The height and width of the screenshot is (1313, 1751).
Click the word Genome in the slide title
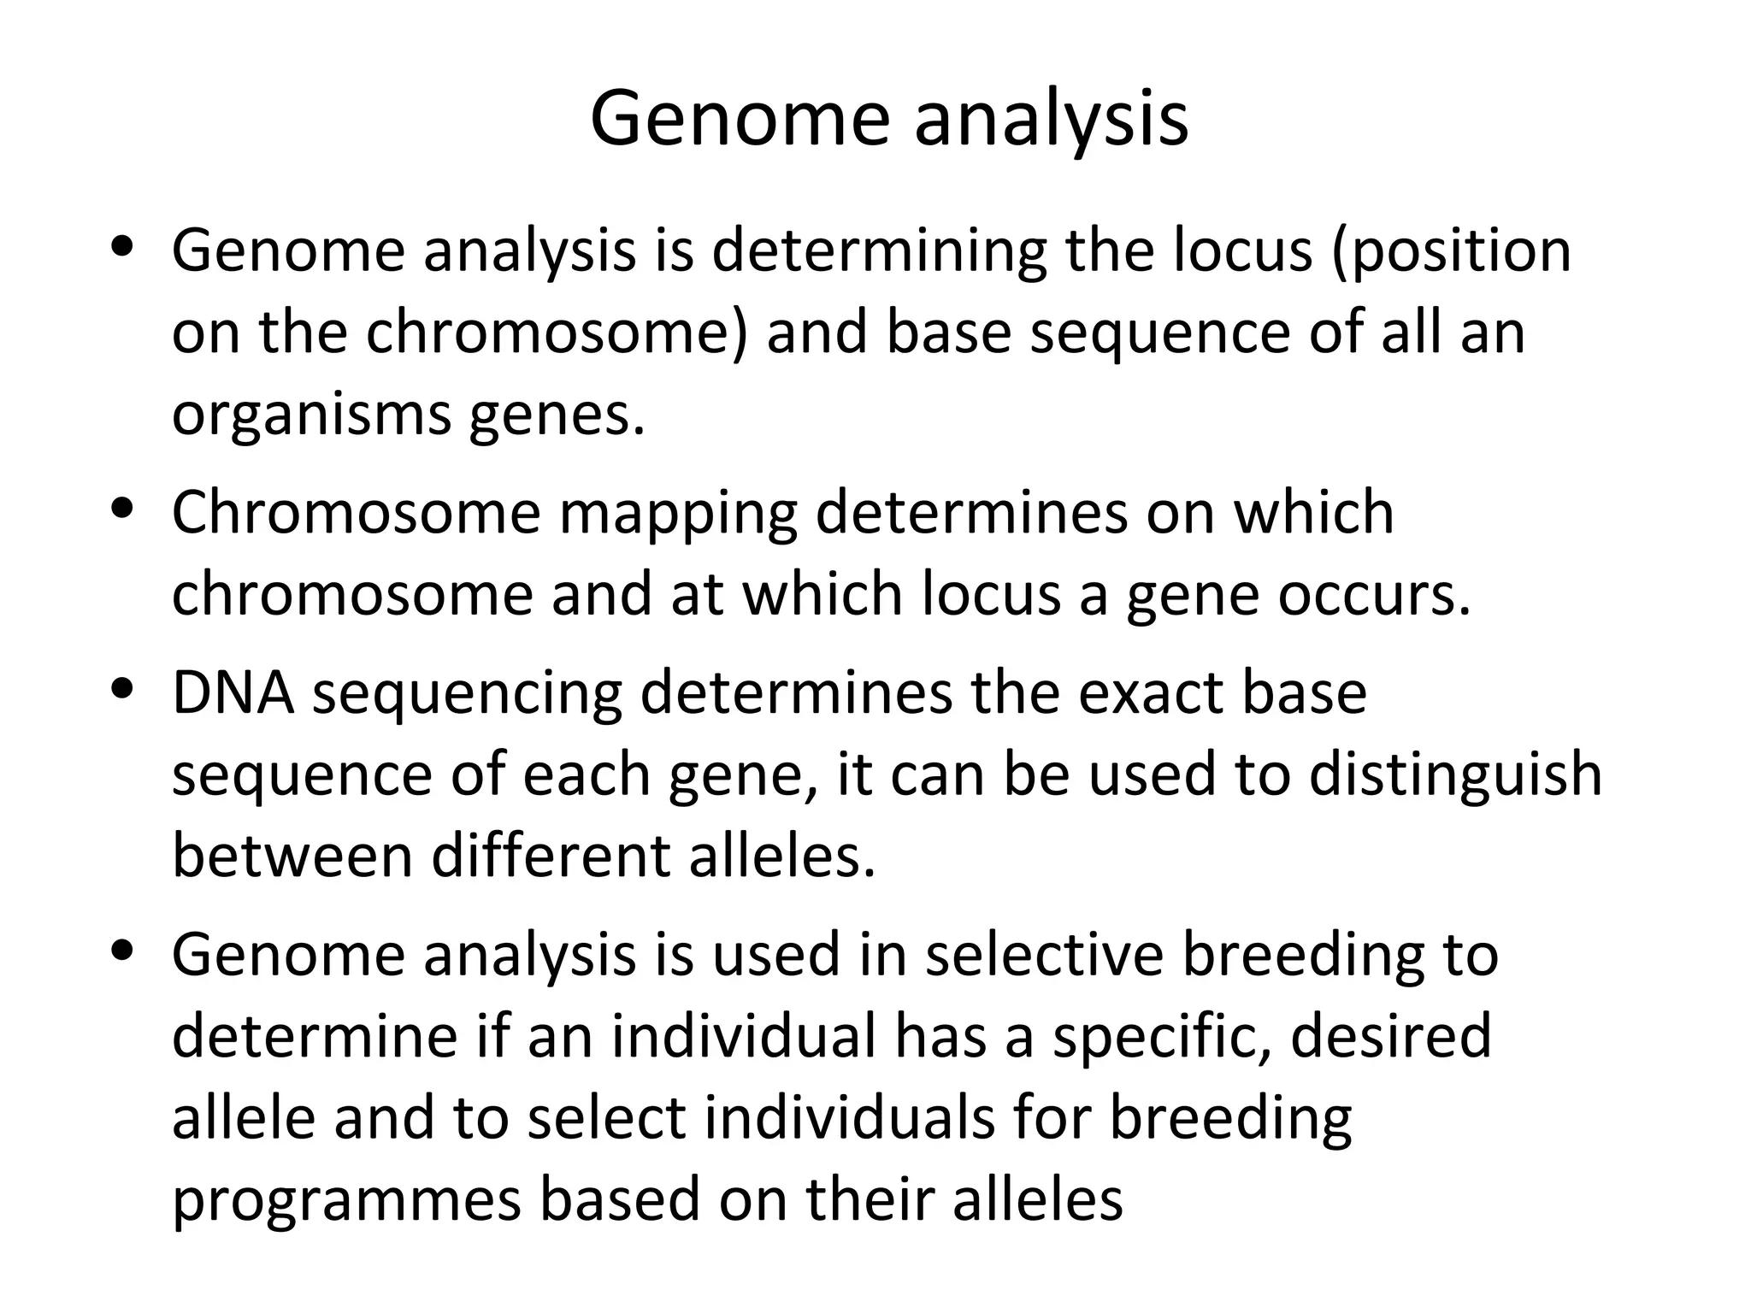click(x=740, y=119)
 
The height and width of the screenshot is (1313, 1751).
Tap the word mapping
click(x=678, y=513)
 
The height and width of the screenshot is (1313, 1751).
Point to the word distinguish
click(x=1455, y=774)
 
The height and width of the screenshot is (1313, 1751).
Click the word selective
click(x=1044, y=955)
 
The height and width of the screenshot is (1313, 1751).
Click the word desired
click(x=1391, y=1037)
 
